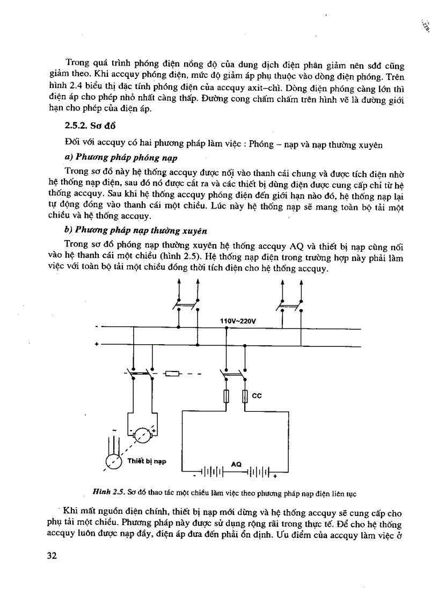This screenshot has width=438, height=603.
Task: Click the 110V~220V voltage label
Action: [238, 321]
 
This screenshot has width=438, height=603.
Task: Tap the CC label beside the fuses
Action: [257, 396]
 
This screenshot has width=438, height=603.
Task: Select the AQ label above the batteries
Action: [236, 463]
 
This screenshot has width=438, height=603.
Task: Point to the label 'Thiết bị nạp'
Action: [147, 461]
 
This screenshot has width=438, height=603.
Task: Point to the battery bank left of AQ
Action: [211, 473]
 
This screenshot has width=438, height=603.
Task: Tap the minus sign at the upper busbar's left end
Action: [97, 326]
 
